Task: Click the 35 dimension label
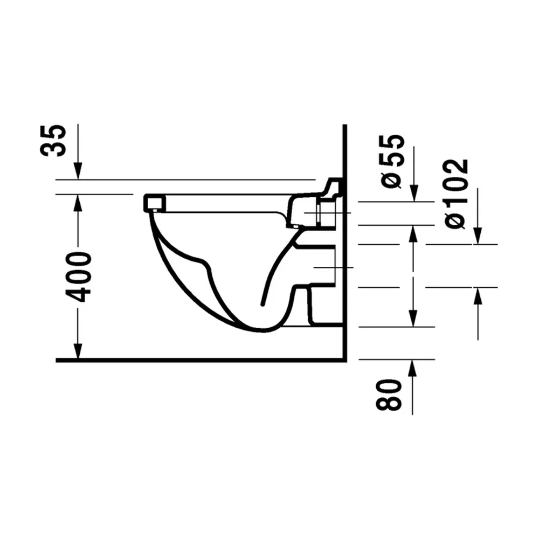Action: (x=53, y=140)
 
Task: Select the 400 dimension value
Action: (x=78, y=277)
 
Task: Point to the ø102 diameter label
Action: (x=456, y=194)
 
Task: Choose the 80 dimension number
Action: (x=389, y=395)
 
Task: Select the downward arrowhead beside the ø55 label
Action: (x=414, y=193)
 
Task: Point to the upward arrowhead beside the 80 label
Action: (x=412, y=369)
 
